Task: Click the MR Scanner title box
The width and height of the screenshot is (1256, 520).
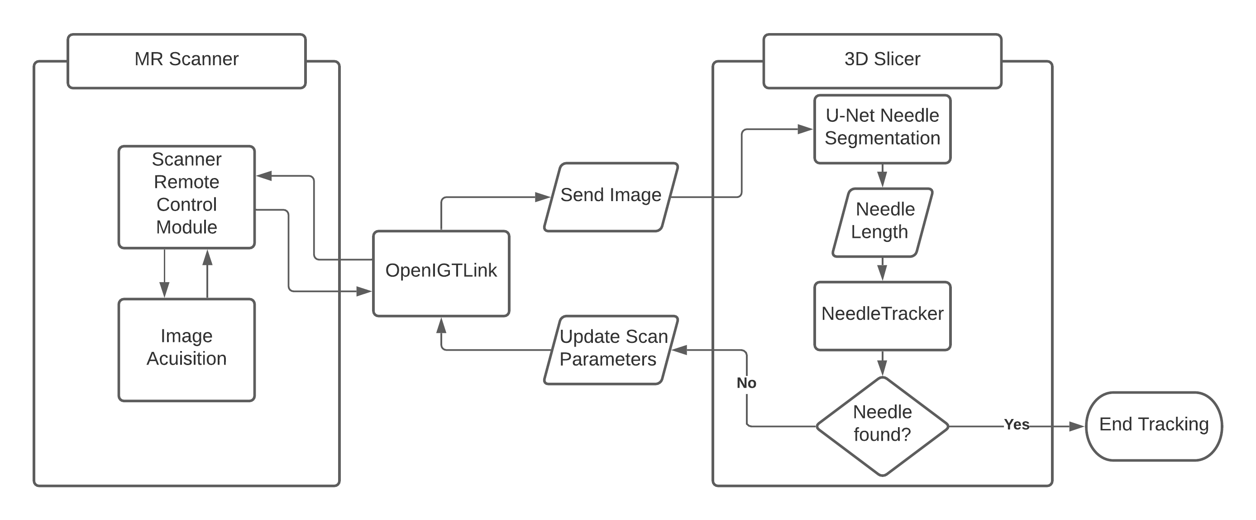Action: click(186, 61)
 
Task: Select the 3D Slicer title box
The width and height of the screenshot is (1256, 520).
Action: click(882, 61)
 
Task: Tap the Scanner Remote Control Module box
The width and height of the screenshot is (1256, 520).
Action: click(186, 197)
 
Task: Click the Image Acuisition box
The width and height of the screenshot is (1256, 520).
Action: click(186, 349)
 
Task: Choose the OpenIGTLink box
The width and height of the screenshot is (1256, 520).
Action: click(441, 273)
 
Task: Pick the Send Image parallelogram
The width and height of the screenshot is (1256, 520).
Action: click(611, 197)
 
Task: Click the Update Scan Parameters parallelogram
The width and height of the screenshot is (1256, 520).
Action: click(611, 349)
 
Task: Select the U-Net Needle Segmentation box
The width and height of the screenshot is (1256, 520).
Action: click(882, 129)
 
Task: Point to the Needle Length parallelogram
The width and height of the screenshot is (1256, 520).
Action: click(882, 222)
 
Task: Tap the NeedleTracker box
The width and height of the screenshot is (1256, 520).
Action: click(882, 315)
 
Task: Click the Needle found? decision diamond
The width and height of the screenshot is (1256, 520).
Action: click(882, 425)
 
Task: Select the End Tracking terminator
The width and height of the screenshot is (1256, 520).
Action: click(1154, 425)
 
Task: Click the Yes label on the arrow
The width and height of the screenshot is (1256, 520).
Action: click(1016, 424)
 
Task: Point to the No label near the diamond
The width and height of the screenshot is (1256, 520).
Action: click(746, 383)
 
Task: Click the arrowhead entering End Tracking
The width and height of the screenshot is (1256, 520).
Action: click(1077, 426)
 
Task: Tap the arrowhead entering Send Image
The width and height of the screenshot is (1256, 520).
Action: click(542, 197)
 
